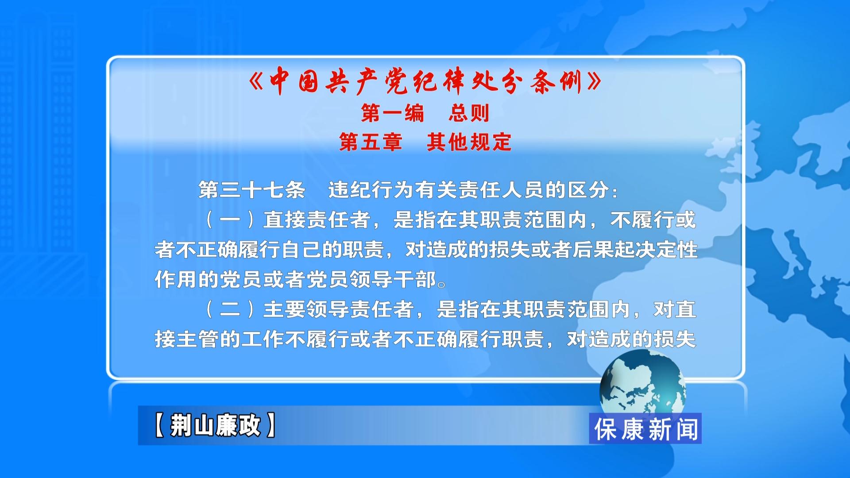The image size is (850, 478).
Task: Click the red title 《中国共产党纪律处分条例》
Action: tap(425, 81)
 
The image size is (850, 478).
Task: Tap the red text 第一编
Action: tap(393, 113)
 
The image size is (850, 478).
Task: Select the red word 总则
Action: tap(469, 113)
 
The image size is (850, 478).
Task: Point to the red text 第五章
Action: tap(371, 142)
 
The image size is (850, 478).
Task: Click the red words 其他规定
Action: tap(469, 142)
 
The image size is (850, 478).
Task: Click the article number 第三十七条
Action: tap(252, 190)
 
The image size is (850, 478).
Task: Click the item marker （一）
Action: tap(230, 220)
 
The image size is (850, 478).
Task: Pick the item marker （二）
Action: tap(230, 309)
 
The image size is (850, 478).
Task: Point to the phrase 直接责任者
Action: tap(317, 220)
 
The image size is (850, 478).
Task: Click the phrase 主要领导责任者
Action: tap(339, 309)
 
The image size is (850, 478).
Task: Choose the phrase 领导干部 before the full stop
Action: tap(393, 280)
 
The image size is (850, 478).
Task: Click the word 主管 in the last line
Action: tap(198, 339)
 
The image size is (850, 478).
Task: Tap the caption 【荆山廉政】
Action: tap(215, 425)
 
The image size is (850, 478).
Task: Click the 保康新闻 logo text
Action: tap(646, 429)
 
